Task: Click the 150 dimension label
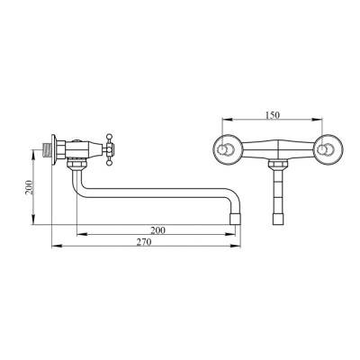(x=273, y=115)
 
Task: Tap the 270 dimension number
(x=144, y=242)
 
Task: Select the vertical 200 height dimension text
(x=29, y=187)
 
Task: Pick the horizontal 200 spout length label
(x=157, y=230)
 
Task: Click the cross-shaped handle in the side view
(x=109, y=149)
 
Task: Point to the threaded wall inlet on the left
(x=47, y=150)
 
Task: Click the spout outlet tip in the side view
(x=235, y=219)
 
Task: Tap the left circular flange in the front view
(x=227, y=149)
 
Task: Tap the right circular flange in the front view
(x=328, y=149)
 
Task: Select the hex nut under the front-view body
(x=278, y=164)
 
